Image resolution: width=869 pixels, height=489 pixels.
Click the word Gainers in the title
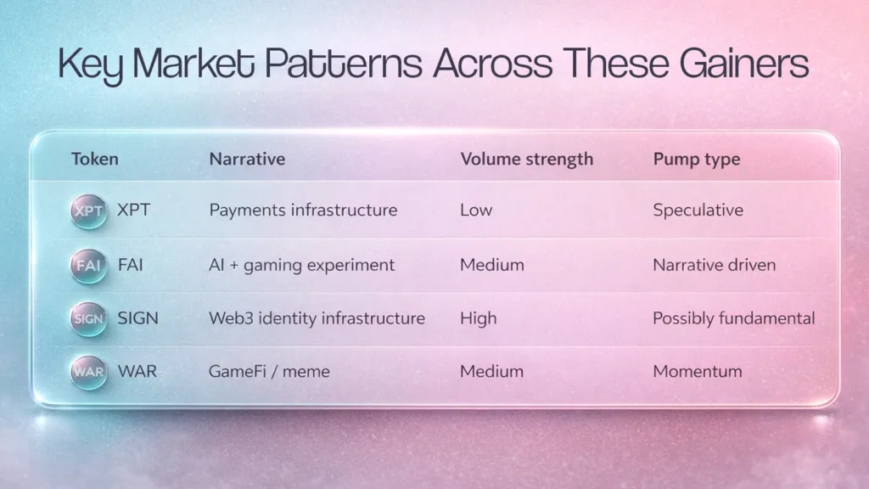[x=743, y=64]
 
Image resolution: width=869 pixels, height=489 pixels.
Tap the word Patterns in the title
[x=343, y=63]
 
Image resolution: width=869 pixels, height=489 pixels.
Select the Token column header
[x=95, y=159]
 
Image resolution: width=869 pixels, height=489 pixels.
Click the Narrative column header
[x=247, y=159]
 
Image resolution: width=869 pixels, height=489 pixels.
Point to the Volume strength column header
[x=526, y=159]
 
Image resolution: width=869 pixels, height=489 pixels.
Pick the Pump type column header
[x=697, y=160]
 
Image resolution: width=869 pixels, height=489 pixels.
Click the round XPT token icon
[x=88, y=211]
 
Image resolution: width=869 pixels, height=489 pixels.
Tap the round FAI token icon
[x=88, y=266]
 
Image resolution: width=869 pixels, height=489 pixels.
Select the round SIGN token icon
[x=88, y=319]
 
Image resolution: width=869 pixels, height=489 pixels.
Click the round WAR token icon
[x=88, y=372]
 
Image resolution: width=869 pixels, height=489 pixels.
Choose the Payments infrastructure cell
[x=303, y=211]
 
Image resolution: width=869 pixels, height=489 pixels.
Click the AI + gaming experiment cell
[x=301, y=265]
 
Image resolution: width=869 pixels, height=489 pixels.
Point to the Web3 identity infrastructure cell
[x=317, y=318]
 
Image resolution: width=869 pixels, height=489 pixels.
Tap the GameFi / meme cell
[x=269, y=371]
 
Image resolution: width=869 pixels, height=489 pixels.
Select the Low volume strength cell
[x=476, y=211]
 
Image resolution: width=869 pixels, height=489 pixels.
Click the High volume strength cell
[x=479, y=318]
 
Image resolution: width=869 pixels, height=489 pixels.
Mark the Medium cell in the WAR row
[x=491, y=371]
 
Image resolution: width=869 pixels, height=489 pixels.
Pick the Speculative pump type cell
[x=698, y=211]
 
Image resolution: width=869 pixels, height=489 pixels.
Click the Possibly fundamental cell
[x=734, y=318]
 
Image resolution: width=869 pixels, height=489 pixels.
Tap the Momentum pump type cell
[x=698, y=371]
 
